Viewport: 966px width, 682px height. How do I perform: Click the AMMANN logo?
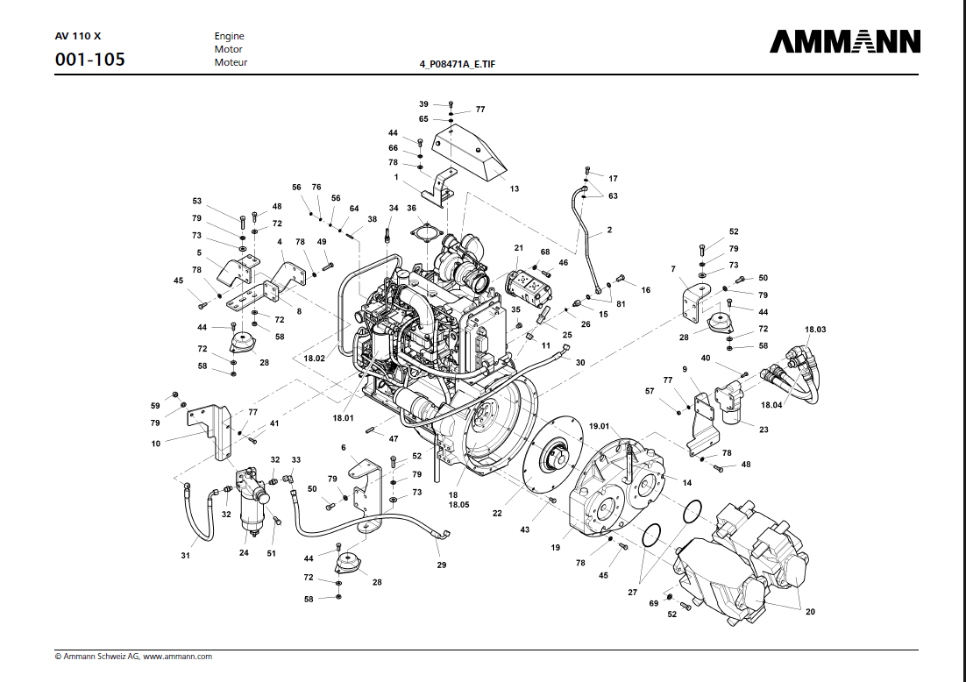click(x=845, y=42)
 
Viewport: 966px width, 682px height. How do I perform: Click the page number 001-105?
click(x=89, y=60)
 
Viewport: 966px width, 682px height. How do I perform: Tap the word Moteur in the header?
click(x=231, y=62)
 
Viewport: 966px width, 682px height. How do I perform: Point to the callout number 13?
click(x=515, y=188)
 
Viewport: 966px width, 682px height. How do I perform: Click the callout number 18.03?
click(x=815, y=329)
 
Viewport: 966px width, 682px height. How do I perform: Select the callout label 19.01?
click(x=599, y=427)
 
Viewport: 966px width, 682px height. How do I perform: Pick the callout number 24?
click(x=245, y=553)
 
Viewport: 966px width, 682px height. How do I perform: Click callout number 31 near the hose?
click(x=185, y=556)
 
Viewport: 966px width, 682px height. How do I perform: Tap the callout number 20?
click(x=809, y=612)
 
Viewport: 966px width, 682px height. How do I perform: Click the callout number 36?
click(x=411, y=208)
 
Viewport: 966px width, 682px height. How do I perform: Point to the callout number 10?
click(x=156, y=444)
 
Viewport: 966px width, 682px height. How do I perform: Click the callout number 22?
click(x=497, y=513)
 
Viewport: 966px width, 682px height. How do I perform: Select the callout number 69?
click(x=653, y=603)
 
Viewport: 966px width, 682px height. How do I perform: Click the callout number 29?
click(x=442, y=565)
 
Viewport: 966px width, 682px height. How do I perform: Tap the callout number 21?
click(x=518, y=248)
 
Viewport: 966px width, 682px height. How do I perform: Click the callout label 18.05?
click(x=459, y=506)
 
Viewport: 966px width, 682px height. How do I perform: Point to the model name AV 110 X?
click(x=77, y=37)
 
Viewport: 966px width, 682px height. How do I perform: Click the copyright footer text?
click(x=133, y=656)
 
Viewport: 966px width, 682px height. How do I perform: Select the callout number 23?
click(x=764, y=430)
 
